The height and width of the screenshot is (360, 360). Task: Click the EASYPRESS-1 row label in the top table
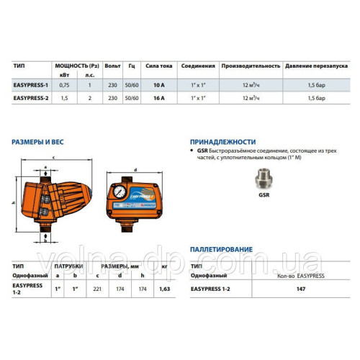(32, 85)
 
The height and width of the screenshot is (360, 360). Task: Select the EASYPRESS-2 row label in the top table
(32, 96)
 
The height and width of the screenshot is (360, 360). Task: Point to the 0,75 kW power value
(64, 85)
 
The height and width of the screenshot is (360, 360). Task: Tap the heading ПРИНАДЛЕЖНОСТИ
(222, 142)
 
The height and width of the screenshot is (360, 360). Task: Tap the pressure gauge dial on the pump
(117, 193)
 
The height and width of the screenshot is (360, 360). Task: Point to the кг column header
(165, 266)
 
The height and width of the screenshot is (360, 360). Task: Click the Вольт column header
(112, 65)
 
